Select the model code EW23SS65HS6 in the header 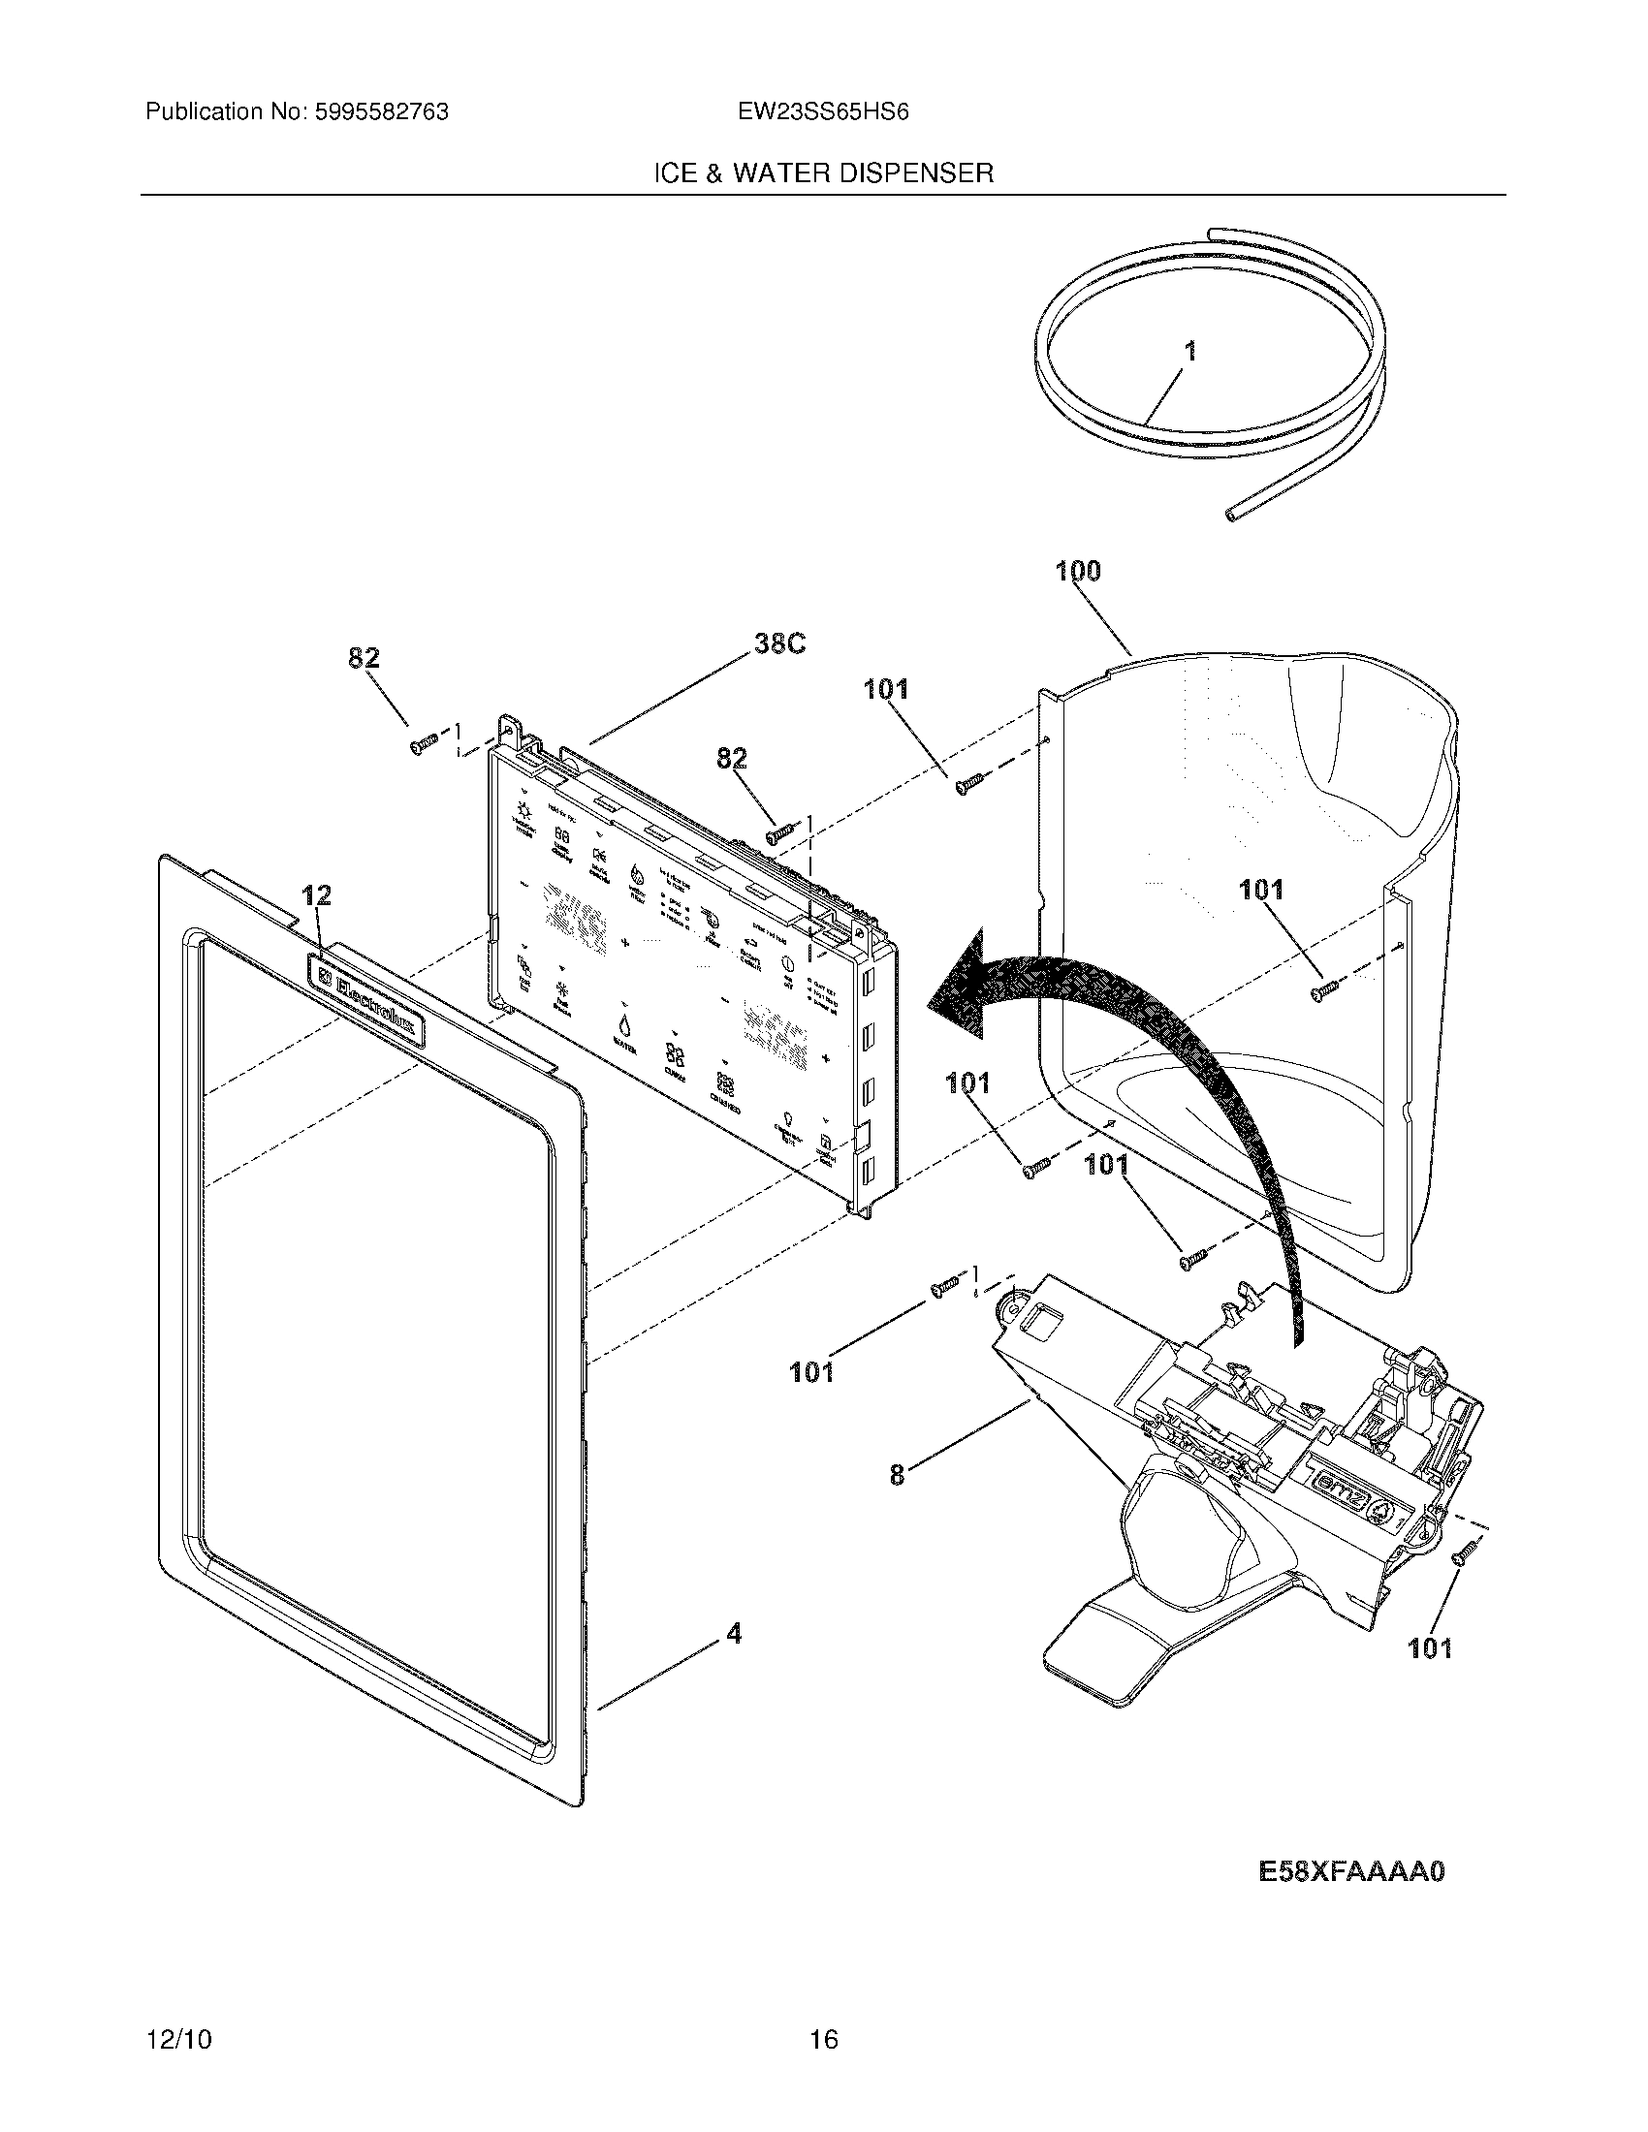(823, 112)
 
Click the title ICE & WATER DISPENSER (823, 173)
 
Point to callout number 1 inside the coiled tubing (1190, 353)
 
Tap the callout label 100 (1078, 571)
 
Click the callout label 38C (779, 644)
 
